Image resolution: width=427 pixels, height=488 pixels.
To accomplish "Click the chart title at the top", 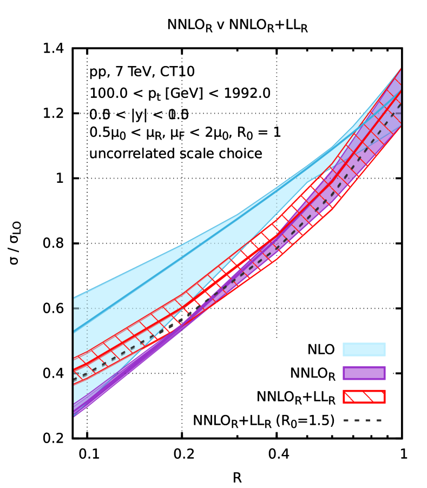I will click(x=238, y=25).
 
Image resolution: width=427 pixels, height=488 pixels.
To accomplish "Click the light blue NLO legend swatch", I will click(x=364, y=350).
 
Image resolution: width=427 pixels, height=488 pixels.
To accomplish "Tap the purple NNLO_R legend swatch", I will click(x=364, y=373).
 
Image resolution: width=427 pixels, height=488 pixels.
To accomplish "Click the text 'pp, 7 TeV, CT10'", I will click(x=142, y=72).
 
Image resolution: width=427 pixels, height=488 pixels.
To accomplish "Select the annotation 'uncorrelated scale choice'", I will click(x=176, y=154).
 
